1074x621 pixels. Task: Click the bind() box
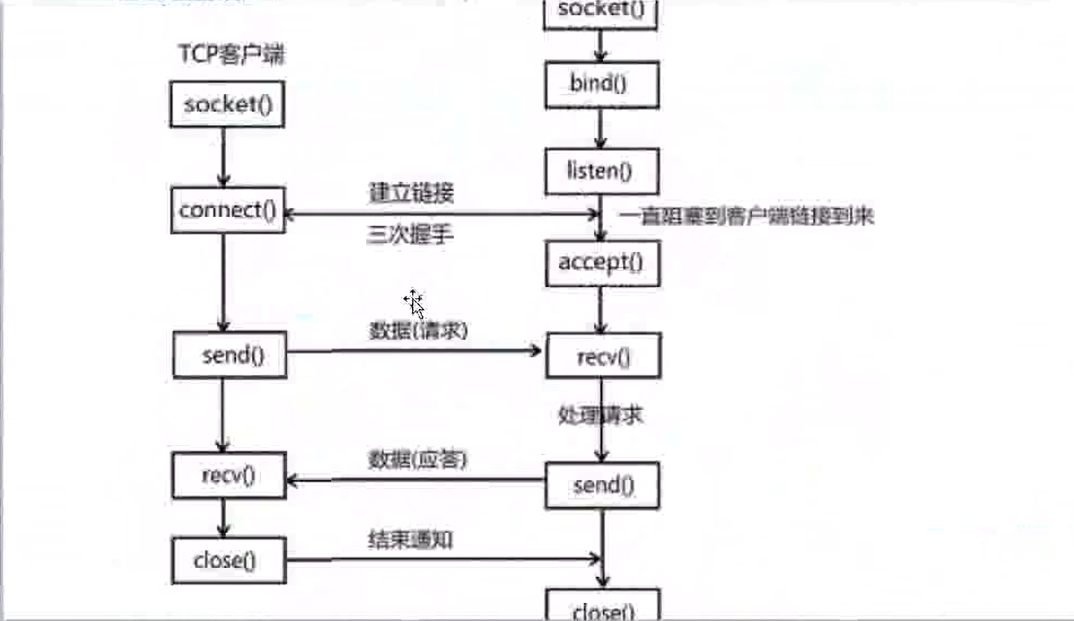(x=601, y=85)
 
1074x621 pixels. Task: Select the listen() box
(x=601, y=172)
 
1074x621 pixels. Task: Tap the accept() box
(x=601, y=263)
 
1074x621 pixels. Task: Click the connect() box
(x=227, y=210)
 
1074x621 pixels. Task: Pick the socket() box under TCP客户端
(x=227, y=104)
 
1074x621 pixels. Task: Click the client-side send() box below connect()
(x=231, y=356)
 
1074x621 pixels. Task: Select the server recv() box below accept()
(x=604, y=356)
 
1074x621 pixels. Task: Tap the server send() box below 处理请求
(x=603, y=486)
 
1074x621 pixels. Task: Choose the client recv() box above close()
(x=228, y=475)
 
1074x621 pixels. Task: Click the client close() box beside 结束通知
(x=228, y=560)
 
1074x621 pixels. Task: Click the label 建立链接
(x=410, y=194)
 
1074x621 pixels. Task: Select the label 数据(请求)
(x=417, y=331)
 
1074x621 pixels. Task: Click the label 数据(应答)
(x=417, y=460)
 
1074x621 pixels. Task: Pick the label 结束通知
(x=410, y=539)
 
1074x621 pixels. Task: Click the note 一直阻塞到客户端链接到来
(x=747, y=216)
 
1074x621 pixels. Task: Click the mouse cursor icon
(x=414, y=303)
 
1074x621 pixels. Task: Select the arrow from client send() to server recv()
(x=413, y=352)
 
